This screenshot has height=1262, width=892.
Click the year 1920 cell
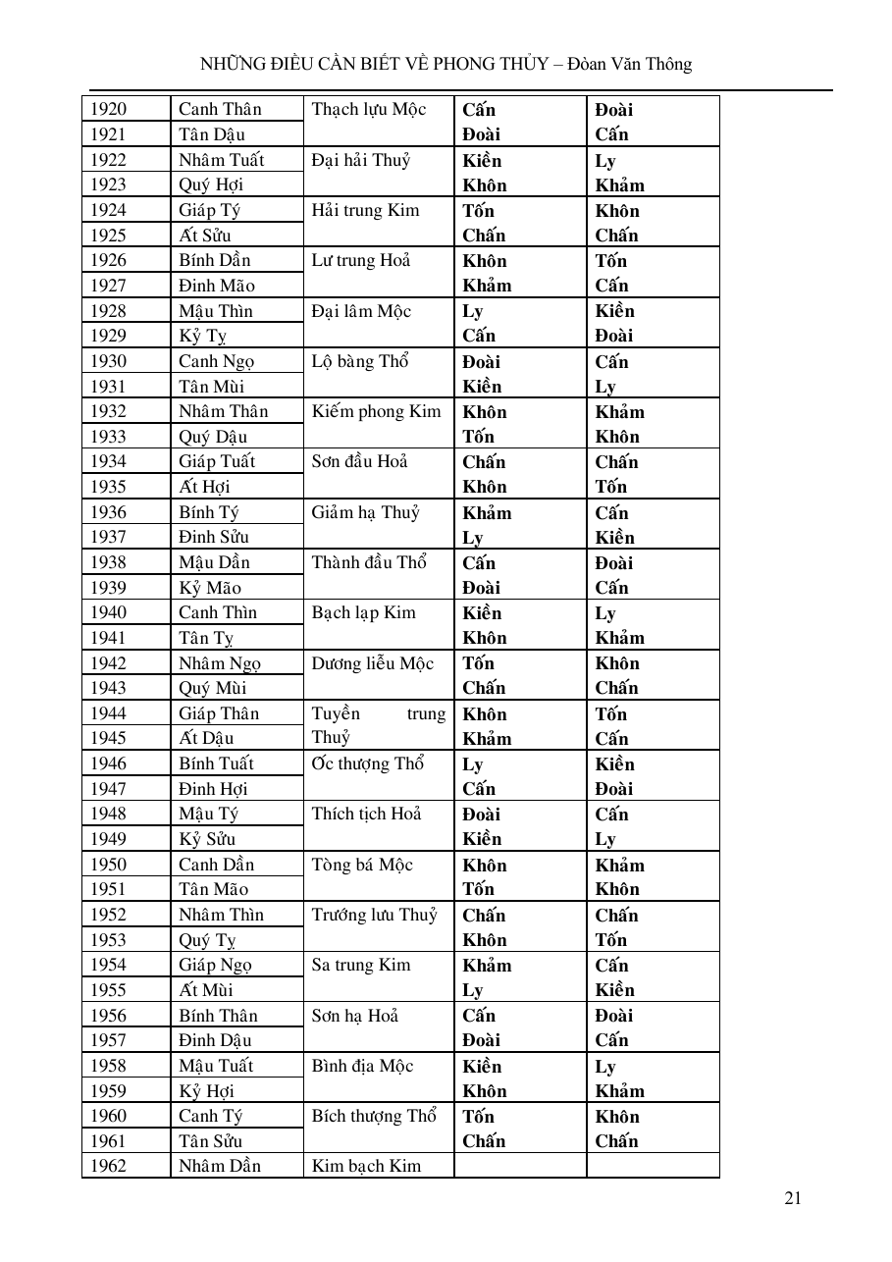pyautogui.click(x=109, y=109)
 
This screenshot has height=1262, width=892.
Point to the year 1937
pyautogui.click(x=109, y=537)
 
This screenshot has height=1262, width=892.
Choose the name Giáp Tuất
pyautogui.click(x=217, y=461)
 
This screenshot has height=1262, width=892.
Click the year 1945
pyautogui.click(x=109, y=738)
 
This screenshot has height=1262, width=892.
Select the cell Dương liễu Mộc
pyautogui.click(x=373, y=663)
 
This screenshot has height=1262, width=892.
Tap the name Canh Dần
pyautogui.click(x=216, y=865)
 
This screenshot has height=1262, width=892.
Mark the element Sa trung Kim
pyautogui.click(x=361, y=965)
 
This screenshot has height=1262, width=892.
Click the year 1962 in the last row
pyautogui.click(x=109, y=1166)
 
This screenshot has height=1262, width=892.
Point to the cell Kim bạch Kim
pyautogui.click(x=366, y=1166)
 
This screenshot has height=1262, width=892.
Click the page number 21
pyautogui.click(x=794, y=1197)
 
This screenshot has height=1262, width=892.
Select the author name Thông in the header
pyautogui.click(x=667, y=65)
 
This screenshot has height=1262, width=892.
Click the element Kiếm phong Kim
pyautogui.click(x=377, y=411)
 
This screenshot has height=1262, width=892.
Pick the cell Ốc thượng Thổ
pyautogui.click(x=368, y=763)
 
